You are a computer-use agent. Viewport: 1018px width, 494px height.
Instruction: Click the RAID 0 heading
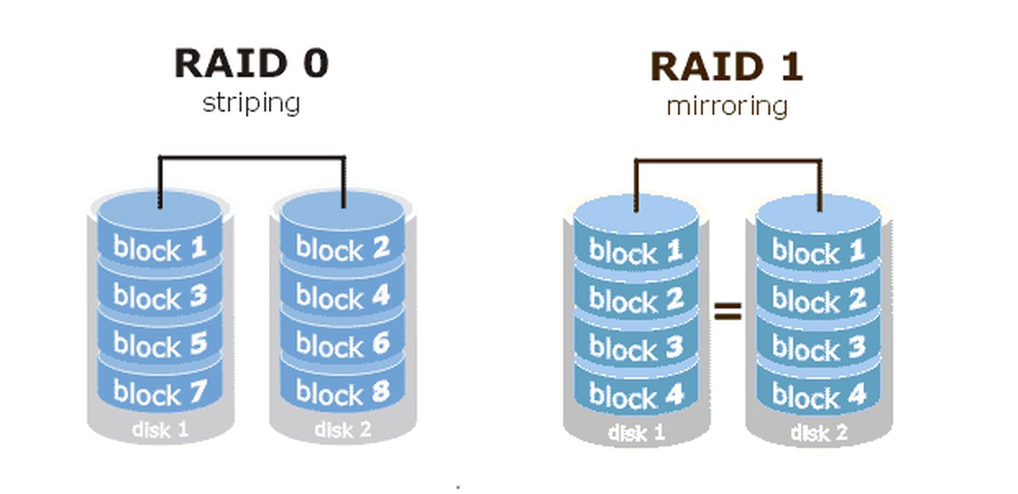point(251,64)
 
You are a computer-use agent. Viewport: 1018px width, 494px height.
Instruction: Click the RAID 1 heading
point(726,67)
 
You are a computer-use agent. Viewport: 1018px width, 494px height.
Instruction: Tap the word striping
point(251,103)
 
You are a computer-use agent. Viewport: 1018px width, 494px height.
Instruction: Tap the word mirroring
point(726,107)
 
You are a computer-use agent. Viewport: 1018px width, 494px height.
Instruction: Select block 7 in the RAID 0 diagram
point(160,393)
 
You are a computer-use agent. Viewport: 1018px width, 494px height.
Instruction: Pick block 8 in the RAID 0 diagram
point(343,393)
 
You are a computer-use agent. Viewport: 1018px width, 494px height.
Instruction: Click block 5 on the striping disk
point(160,345)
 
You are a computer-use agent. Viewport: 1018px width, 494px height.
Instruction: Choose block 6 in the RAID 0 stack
point(343,345)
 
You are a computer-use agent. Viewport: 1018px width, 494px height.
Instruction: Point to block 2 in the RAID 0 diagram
point(343,247)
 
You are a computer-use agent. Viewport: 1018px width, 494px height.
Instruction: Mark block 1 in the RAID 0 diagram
point(160,247)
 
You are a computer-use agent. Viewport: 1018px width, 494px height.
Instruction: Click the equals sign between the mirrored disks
point(727,313)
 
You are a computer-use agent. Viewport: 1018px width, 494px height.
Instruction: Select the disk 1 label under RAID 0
point(160,430)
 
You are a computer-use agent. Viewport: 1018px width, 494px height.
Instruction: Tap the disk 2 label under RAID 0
point(343,430)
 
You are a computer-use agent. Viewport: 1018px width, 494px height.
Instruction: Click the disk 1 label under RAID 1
point(636,433)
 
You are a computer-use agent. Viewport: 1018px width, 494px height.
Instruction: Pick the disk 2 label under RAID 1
point(819,433)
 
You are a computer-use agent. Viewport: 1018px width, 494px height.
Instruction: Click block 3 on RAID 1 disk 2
point(819,348)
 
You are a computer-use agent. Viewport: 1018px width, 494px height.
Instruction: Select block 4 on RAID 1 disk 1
point(636,396)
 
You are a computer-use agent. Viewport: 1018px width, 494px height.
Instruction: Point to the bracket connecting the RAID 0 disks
point(251,157)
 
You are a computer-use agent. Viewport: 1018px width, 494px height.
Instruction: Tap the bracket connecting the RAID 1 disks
point(728,160)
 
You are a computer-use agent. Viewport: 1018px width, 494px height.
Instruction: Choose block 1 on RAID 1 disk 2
point(819,252)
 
